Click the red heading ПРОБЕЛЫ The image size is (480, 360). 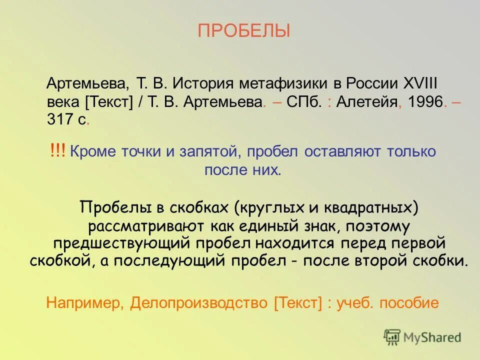[x=243, y=31]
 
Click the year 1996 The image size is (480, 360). [x=425, y=102]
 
